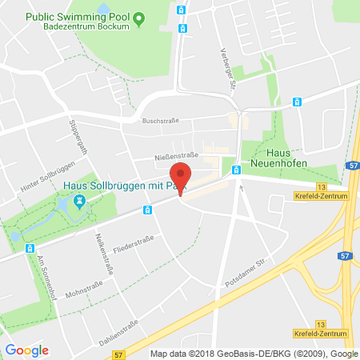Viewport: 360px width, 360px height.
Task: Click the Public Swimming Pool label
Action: click(78, 16)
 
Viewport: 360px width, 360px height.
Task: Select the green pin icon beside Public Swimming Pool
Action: click(138, 17)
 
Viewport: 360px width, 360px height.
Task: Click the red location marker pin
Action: click(182, 178)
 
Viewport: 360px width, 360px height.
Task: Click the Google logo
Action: click(26, 350)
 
